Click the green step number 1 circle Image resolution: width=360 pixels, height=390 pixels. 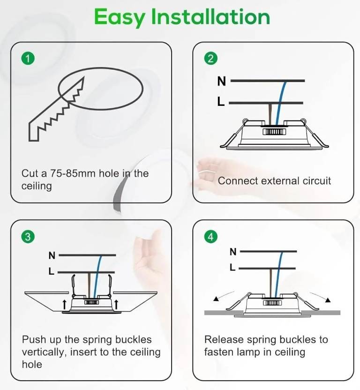[28, 59]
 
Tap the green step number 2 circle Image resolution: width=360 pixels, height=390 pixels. [210, 59]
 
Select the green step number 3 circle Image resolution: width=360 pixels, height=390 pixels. [28, 237]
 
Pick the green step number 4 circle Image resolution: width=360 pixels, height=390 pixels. [210, 237]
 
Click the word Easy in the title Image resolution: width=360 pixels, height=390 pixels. [120, 17]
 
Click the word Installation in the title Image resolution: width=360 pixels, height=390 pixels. [210, 16]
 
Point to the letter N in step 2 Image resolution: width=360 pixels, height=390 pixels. [221, 81]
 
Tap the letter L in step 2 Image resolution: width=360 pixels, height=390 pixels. [221, 101]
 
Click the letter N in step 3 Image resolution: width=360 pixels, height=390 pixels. [52, 255]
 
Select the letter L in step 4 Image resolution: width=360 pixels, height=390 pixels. [232, 267]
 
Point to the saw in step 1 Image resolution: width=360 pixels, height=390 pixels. [56, 109]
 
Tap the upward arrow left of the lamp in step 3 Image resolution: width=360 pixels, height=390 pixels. [64, 304]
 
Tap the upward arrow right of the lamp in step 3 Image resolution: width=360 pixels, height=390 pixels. [116, 304]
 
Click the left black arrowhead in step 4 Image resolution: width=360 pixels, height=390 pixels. [216, 299]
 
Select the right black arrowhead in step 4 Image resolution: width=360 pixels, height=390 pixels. [328, 300]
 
